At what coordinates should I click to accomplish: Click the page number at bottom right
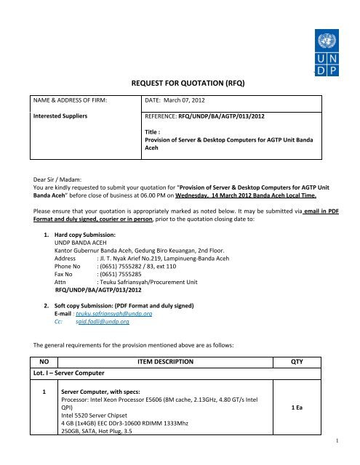pyautogui.click(x=352, y=458)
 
